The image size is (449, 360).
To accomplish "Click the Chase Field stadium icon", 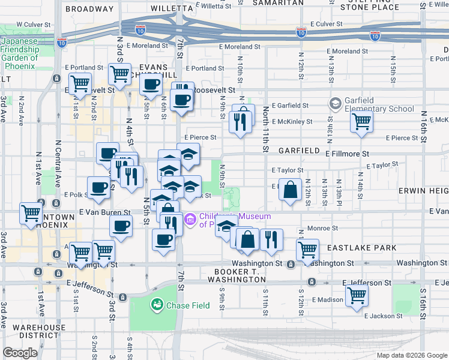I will click(x=157, y=305).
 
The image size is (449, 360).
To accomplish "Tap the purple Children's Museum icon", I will click(x=191, y=220).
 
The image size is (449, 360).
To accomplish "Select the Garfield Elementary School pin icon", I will click(x=334, y=104).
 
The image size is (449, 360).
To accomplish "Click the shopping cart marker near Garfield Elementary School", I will click(x=361, y=122).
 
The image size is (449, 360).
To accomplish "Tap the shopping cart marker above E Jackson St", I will click(x=357, y=295).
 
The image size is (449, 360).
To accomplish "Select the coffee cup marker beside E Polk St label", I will click(x=98, y=187).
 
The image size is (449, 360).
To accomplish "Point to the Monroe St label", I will click(x=324, y=229).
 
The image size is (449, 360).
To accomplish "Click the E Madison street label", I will click(x=327, y=300).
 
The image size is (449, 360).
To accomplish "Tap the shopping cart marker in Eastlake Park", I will click(x=307, y=249).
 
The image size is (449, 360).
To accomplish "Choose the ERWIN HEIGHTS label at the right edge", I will click(x=423, y=190).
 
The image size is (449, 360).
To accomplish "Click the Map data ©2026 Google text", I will click(x=411, y=355).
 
